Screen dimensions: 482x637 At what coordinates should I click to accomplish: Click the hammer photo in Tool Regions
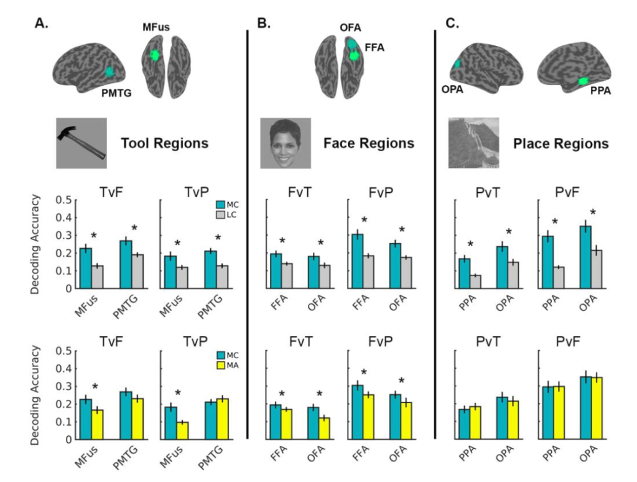coord(81,144)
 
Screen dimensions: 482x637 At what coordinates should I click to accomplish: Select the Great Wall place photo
coord(473,143)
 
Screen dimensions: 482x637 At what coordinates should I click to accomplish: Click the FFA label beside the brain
coord(374,47)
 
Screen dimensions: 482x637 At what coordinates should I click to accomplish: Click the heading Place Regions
coord(560,144)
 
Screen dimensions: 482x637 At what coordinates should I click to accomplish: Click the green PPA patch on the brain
coord(583,81)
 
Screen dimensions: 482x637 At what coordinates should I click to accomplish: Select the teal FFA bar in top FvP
coord(357,261)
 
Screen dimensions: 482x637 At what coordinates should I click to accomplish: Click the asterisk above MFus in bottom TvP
coord(178,393)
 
